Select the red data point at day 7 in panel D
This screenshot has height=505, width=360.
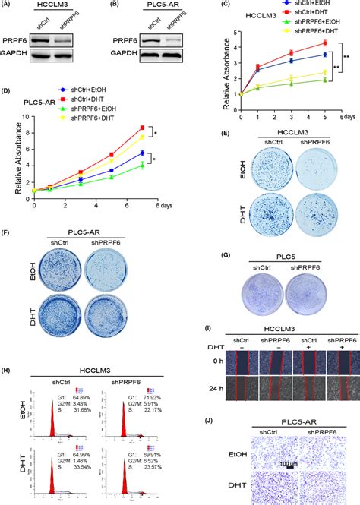coord(142,128)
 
